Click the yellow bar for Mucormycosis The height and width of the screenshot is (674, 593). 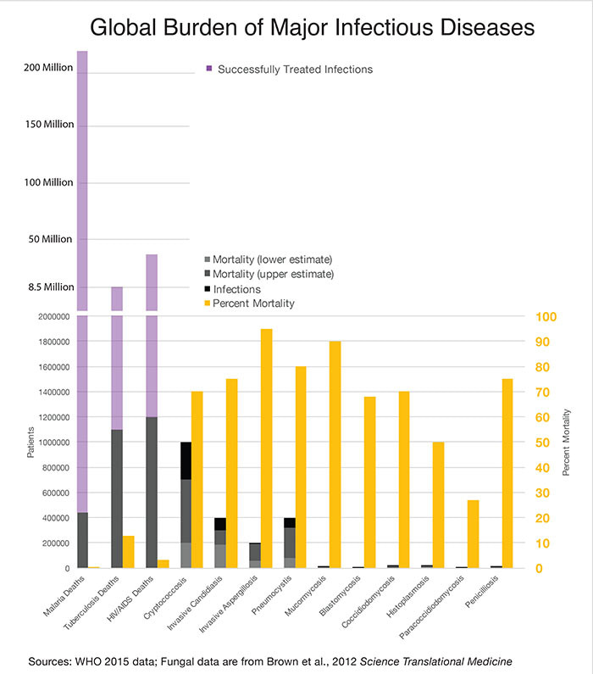click(335, 454)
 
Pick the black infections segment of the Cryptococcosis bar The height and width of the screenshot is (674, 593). click(186, 460)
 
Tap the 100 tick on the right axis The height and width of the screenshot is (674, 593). click(546, 316)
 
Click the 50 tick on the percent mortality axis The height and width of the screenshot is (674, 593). click(542, 442)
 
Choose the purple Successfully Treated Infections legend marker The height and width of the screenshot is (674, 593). click(208, 70)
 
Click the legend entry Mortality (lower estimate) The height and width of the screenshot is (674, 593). click(271, 259)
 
